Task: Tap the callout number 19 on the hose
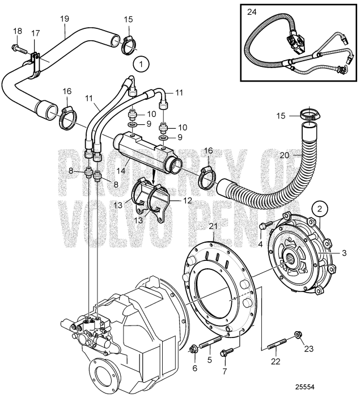(x=64, y=19)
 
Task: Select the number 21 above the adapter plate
(x=213, y=227)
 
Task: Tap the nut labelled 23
(x=298, y=334)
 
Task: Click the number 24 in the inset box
(x=251, y=11)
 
